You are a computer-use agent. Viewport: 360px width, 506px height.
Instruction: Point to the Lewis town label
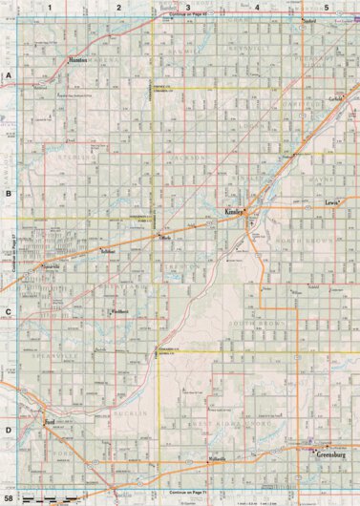(x=331, y=203)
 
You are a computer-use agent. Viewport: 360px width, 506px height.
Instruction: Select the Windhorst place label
(x=119, y=311)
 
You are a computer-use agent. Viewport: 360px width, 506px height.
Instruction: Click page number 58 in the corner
(x=9, y=498)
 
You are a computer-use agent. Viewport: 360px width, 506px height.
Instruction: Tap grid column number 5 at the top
(x=326, y=7)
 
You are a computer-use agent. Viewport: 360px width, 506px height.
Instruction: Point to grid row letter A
(x=9, y=74)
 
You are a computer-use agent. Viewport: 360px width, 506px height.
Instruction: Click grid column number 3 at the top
(x=187, y=7)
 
